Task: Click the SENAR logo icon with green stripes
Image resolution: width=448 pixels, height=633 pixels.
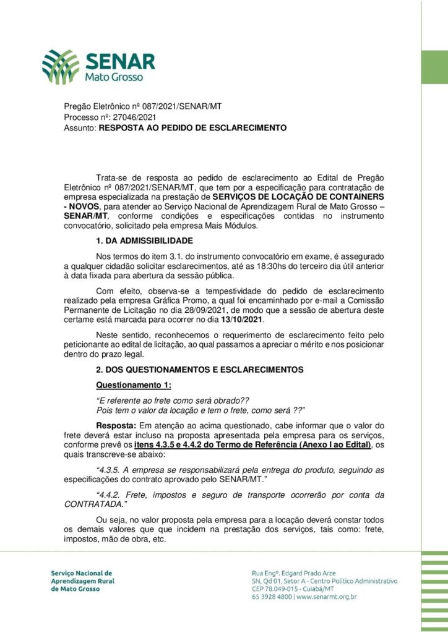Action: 61,67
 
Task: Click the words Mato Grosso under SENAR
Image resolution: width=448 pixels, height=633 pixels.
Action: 114,79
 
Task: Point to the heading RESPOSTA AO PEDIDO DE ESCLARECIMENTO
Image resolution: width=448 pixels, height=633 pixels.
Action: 192,128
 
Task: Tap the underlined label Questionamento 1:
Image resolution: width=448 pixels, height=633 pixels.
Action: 128,385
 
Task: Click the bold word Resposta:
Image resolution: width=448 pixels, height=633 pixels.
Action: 116,425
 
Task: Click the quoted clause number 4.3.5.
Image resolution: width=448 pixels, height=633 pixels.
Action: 111,470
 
